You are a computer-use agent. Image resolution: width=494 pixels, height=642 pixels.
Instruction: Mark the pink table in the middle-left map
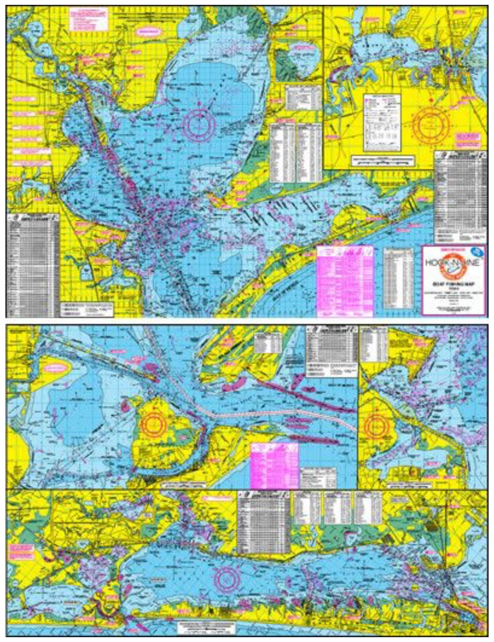[x=275, y=462]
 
